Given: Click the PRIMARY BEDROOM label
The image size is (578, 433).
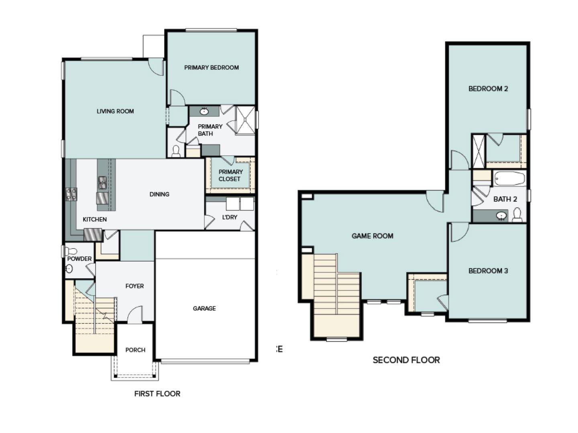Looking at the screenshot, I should click(x=212, y=68).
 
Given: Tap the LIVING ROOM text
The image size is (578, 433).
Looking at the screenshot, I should click(x=115, y=111).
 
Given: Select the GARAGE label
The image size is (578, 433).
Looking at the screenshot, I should click(x=204, y=308).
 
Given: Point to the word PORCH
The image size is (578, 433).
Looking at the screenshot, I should click(x=135, y=350).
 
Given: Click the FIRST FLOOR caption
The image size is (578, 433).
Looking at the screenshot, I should click(x=157, y=394).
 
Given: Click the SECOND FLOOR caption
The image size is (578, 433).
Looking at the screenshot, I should click(x=406, y=360).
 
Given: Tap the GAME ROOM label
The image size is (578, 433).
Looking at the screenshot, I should click(x=372, y=236).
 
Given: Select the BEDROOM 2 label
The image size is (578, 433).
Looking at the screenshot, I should click(x=488, y=89).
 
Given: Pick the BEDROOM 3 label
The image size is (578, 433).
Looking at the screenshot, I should click(x=488, y=271).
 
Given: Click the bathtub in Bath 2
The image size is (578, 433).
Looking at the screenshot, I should click(x=509, y=178).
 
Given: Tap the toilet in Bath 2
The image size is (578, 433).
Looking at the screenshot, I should click(x=517, y=215).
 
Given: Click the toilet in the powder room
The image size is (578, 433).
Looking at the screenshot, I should click(x=71, y=251).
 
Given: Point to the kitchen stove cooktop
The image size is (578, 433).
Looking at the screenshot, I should click(x=71, y=194).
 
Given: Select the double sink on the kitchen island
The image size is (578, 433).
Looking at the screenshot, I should click(x=102, y=183).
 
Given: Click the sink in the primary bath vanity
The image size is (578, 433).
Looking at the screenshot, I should click(x=204, y=111).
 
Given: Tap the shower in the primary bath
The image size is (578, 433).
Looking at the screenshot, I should click(x=245, y=120).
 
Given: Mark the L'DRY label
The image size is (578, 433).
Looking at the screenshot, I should click(x=230, y=217).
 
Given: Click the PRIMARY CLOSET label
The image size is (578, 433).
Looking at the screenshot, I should click(x=230, y=176).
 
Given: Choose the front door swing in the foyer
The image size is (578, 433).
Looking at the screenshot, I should click(x=136, y=315).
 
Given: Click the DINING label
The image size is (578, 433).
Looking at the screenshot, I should click(x=159, y=194).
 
